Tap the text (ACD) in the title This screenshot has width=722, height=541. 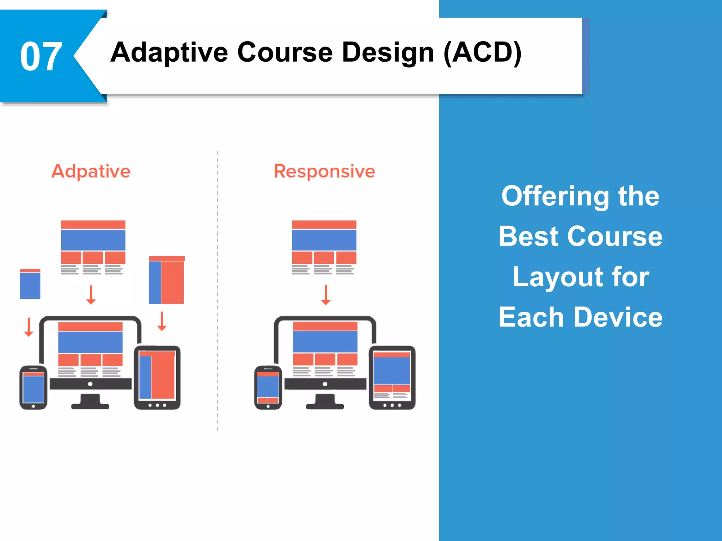click(x=482, y=53)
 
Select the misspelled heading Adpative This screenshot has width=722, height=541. click(x=91, y=172)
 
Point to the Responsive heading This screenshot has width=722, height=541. click(x=324, y=172)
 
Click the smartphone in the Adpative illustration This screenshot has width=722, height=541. click(x=33, y=387)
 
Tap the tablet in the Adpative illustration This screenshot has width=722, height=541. click(x=157, y=377)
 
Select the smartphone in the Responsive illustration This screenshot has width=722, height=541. click(x=268, y=387)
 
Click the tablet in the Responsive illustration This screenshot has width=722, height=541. click(x=392, y=377)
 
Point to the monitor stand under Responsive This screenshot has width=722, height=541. click(x=325, y=402)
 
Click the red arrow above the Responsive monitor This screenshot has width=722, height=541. click(x=326, y=295)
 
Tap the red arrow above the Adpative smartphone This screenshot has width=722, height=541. click(x=29, y=327)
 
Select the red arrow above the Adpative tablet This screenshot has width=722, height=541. click(x=162, y=321)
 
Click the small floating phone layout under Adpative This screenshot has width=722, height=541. click(x=30, y=284)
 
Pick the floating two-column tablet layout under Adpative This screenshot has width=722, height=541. click(x=166, y=280)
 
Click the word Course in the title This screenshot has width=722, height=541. click(x=285, y=53)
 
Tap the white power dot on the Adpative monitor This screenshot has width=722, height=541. click(x=90, y=384)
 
